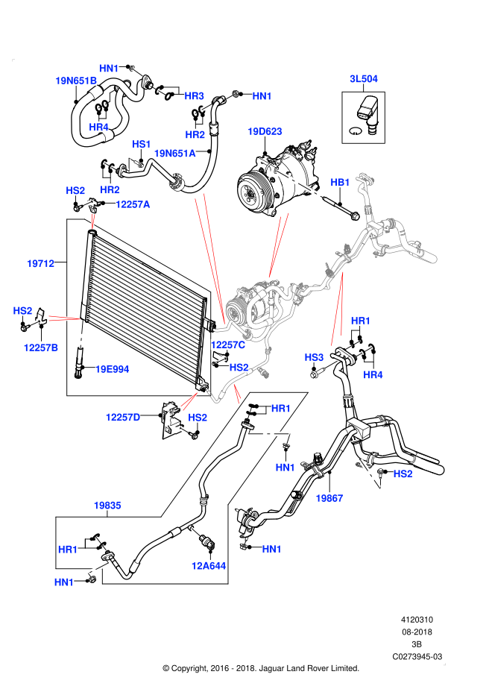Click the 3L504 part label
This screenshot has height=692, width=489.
364,79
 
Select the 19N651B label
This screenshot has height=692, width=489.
76,81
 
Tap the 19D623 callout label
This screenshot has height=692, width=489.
265,131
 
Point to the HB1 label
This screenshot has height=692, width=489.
340,183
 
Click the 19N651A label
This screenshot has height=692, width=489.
174,154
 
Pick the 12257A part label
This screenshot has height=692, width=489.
133,204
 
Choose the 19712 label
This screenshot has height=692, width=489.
40,263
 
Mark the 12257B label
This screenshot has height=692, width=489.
41,347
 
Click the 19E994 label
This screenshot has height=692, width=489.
112,369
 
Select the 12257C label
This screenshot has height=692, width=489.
228,345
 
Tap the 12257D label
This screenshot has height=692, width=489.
123,418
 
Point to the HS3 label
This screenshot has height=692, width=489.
314,358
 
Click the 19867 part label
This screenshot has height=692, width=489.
329,498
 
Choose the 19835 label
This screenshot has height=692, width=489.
107,506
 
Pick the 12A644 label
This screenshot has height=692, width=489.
208,566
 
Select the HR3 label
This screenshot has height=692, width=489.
194,96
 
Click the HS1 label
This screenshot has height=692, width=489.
142,144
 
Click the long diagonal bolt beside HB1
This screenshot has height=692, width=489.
299,184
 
